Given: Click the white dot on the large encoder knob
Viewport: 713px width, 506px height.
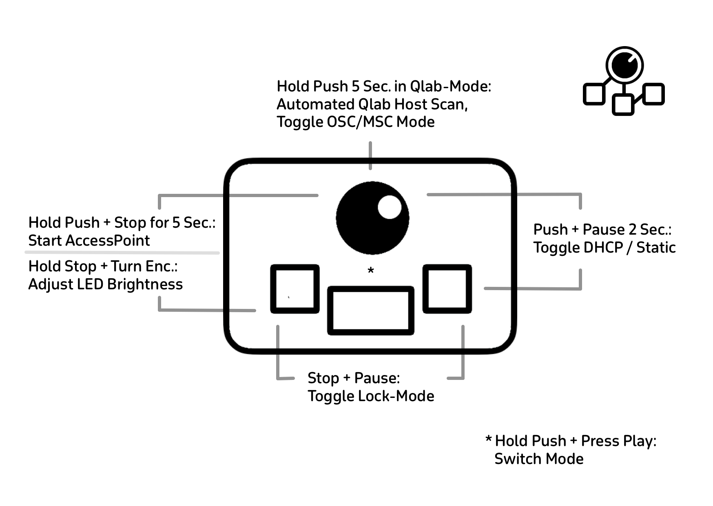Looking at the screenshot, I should tap(389, 207).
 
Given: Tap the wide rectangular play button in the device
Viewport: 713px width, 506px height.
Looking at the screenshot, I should tap(370, 311).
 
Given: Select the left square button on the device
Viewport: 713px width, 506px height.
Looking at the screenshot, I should tap(295, 289).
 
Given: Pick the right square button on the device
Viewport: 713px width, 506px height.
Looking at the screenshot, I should tap(447, 289).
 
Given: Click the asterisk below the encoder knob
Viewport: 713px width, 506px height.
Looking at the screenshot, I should tap(370, 271).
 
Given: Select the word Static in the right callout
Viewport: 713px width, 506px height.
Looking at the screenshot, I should tap(656, 247).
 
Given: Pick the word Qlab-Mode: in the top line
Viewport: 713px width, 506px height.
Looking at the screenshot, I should tap(450, 87).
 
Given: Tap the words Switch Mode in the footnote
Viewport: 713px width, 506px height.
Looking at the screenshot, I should tap(539, 459).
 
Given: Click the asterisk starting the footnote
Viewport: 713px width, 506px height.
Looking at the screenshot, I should tap(488, 440).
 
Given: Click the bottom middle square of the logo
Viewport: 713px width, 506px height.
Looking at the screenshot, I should tap(623, 104).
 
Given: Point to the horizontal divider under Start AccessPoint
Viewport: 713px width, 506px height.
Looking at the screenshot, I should tap(122, 253).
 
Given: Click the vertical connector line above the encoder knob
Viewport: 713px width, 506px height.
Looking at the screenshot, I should tap(370, 155).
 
